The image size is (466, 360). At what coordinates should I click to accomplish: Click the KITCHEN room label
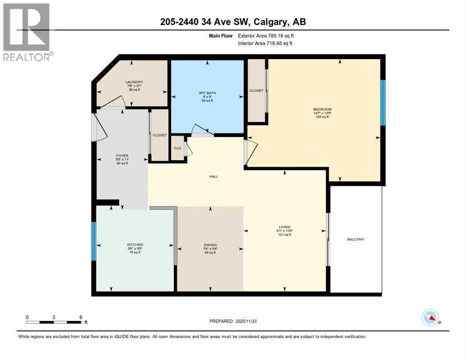(135, 245)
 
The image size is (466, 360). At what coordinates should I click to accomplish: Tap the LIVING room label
(284, 227)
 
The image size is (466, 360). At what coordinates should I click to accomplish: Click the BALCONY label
(355, 239)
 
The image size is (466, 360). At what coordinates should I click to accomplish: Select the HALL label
(214, 177)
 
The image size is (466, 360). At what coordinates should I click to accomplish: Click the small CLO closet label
(178, 148)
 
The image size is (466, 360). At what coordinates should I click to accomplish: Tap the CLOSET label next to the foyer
(160, 135)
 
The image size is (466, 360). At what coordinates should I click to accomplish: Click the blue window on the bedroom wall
(383, 102)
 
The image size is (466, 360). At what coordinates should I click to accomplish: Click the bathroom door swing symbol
(200, 130)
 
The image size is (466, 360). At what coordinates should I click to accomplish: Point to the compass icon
(430, 317)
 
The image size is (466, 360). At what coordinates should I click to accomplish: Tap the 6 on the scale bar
(81, 317)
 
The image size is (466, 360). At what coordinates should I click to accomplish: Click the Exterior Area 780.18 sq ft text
(264, 36)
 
